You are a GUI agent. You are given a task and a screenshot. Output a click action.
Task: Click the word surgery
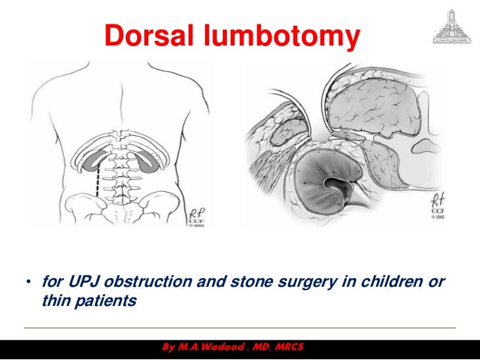point(307,284)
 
